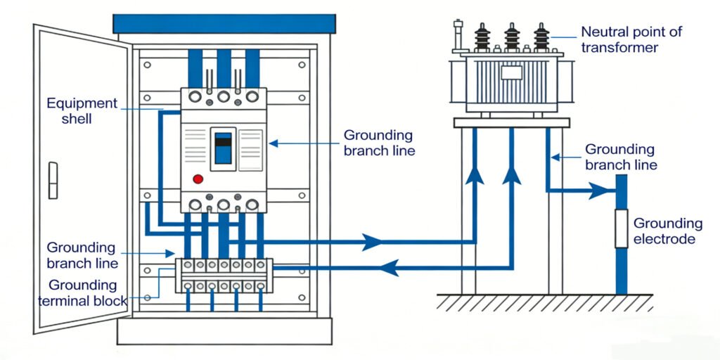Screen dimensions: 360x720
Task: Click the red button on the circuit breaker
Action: [198, 179]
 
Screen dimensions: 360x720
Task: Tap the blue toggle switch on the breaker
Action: [223, 147]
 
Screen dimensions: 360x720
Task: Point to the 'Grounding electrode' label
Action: [667, 231]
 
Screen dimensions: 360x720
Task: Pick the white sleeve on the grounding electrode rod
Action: [621, 229]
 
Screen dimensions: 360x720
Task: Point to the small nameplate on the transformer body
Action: [511, 73]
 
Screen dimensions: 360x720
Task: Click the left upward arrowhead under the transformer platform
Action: [475, 172]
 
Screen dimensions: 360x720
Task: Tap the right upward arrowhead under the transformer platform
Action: [512, 172]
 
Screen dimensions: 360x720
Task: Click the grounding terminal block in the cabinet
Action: [223, 275]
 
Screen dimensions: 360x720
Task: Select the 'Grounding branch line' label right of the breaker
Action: [378, 143]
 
